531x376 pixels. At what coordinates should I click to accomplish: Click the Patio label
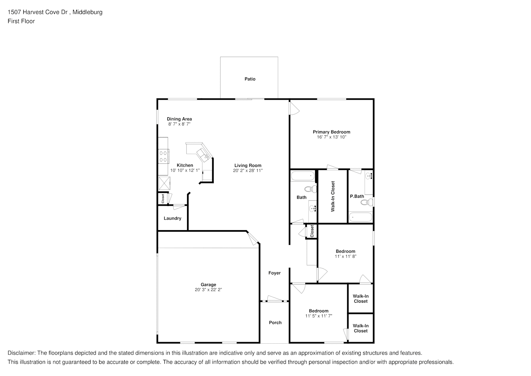[x=250, y=79]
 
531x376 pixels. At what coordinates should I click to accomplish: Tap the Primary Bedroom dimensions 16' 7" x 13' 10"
[x=331, y=137]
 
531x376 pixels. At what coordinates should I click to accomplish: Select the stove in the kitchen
[x=164, y=156]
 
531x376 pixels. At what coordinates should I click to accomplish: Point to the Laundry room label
[x=172, y=218]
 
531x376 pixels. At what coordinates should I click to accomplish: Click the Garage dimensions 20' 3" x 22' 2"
[x=208, y=290]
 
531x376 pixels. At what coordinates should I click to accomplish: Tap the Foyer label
[x=274, y=273]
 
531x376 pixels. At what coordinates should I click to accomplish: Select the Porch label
[x=275, y=323]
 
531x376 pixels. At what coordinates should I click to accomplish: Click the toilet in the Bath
[x=311, y=189]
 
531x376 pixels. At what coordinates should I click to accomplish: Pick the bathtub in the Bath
[x=303, y=176]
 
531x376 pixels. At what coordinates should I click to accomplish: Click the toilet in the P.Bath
[x=367, y=203]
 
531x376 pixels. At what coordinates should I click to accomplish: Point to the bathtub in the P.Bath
[x=361, y=217]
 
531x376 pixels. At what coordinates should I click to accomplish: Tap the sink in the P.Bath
[x=369, y=176]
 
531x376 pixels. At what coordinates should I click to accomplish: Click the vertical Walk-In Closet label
[x=333, y=196]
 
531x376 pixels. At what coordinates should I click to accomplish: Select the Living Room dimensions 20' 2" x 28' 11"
[x=248, y=170]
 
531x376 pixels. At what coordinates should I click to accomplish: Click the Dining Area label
[x=179, y=119]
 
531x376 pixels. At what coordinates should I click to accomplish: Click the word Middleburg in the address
[x=87, y=12]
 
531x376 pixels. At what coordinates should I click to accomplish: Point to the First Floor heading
[x=21, y=21]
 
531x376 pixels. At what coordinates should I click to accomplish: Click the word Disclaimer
[x=21, y=353]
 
